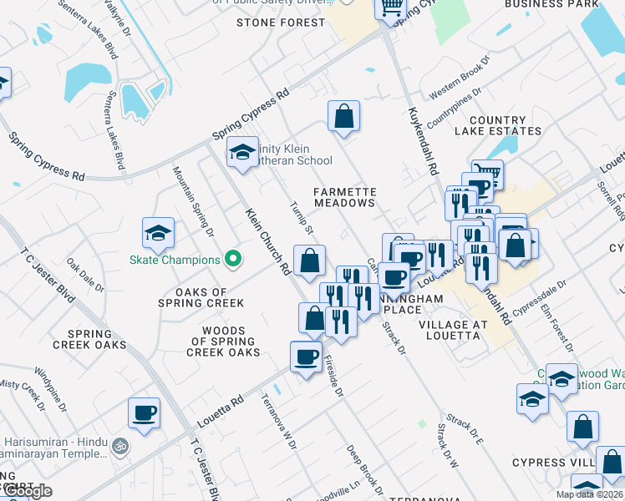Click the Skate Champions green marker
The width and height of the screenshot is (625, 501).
pos(235,259)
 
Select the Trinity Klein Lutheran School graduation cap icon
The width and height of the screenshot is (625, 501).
pos(242,152)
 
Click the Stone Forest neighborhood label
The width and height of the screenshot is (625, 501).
pos(280,23)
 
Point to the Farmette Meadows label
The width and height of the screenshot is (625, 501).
pos(344,197)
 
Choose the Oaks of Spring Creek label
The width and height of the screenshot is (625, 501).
pos(191,297)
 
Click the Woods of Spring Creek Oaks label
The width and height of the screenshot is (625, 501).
pos(223,341)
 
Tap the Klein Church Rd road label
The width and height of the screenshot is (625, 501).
pos(267,241)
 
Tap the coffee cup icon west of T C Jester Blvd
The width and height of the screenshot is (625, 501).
pos(144,412)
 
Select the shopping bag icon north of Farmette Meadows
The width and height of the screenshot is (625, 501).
pos(343,116)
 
